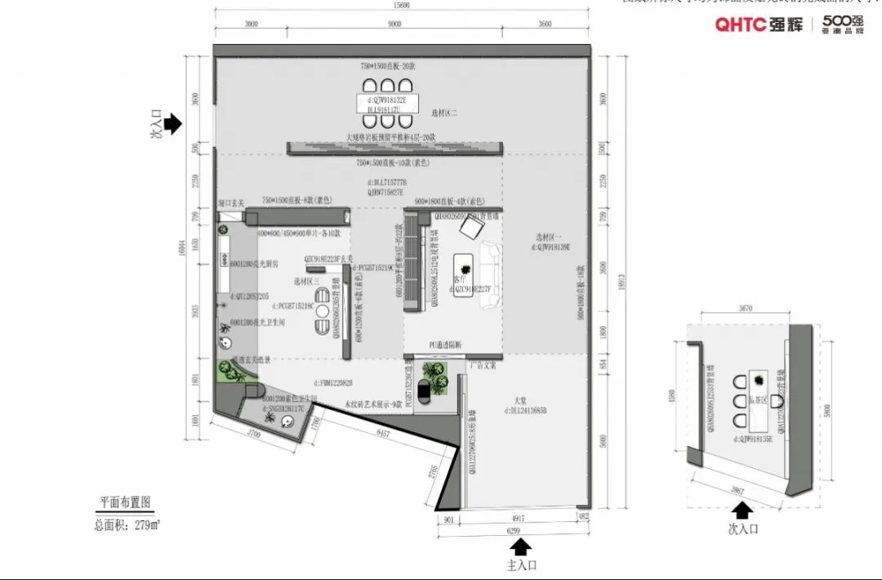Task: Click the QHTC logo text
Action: click(740, 25)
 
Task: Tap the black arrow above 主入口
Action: click(523, 547)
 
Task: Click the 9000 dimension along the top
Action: click(394, 25)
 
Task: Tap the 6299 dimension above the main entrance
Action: click(514, 530)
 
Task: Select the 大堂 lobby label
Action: click(519, 400)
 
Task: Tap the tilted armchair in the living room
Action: click(470, 230)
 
